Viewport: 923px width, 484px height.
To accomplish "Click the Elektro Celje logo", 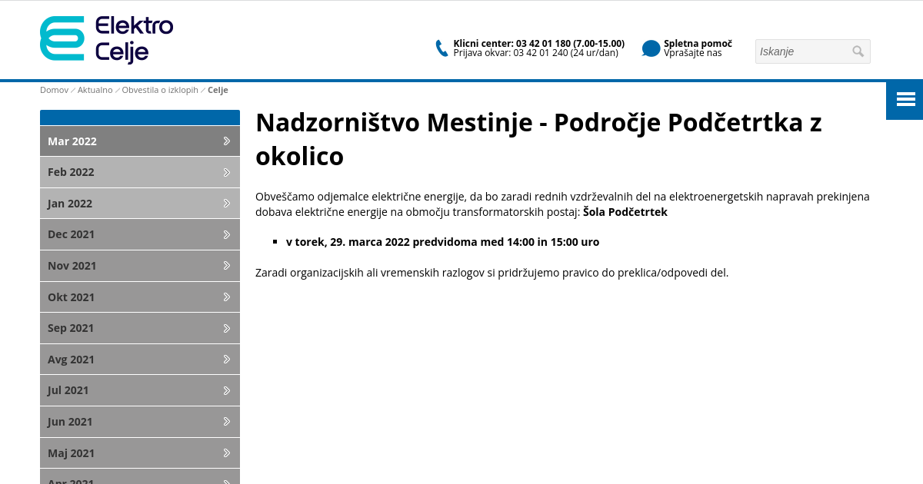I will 106,39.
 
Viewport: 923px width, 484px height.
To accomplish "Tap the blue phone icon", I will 442,48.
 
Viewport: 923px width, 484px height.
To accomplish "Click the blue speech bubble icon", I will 651,48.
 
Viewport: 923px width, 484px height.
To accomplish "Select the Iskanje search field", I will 802,51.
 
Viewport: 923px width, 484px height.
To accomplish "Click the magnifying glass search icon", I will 858,51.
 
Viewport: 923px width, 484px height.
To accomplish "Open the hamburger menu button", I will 905,100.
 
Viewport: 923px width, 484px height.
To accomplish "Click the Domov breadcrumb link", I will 54,90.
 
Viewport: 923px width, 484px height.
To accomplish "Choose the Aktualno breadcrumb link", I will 95,90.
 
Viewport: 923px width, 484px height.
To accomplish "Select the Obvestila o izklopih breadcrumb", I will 160,90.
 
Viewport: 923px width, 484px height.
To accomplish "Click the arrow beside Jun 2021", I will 227,422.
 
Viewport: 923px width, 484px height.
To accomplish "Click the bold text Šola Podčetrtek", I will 625,212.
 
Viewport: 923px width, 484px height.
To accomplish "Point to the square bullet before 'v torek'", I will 275,242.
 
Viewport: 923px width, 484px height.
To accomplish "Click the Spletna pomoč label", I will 698,44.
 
